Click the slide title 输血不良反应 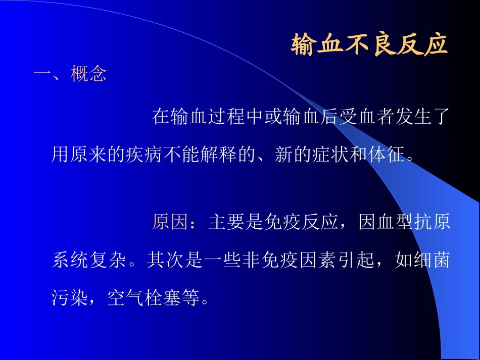(x=369, y=44)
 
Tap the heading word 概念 (x=89, y=75)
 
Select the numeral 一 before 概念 (x=42, y=75)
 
